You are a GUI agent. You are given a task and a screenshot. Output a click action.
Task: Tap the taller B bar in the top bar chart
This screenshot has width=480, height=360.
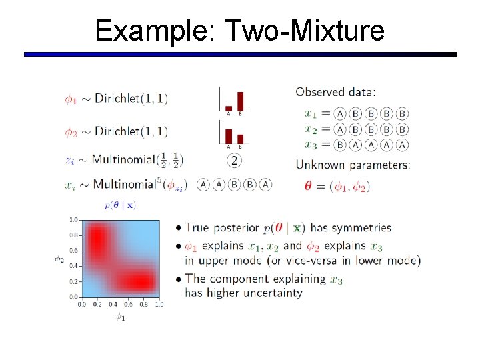tap(240, 101)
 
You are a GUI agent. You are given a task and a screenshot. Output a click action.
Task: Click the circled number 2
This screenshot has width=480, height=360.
tap(234, 160)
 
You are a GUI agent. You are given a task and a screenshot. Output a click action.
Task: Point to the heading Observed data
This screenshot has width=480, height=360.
tap(335, 92)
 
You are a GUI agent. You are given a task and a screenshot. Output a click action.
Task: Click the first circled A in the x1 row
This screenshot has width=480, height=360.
tap(340, 113)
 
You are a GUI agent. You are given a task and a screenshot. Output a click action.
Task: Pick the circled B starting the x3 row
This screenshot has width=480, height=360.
tap(340, 145)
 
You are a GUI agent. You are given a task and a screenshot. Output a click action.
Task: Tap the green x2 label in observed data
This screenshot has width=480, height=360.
tap(311, 129)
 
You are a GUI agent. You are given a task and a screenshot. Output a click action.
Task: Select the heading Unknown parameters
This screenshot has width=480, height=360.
tap(353, 165)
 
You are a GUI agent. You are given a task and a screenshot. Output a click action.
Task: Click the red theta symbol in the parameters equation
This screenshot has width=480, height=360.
tap(308, 186)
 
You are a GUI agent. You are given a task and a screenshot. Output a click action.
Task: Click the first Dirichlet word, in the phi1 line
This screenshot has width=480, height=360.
tap(119, 99)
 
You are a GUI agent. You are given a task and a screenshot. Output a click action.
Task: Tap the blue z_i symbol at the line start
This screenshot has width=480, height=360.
tap(70, 161)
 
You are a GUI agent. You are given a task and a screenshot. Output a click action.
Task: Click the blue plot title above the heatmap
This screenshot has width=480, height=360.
tap(121, 205)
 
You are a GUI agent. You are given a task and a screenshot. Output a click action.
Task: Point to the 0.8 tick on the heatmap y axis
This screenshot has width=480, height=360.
tap(73, 235)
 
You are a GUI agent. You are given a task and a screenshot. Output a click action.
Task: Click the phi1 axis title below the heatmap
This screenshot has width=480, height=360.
tap(121, 317)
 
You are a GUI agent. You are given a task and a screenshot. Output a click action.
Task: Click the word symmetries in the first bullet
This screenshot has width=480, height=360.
tap(361, 228)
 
